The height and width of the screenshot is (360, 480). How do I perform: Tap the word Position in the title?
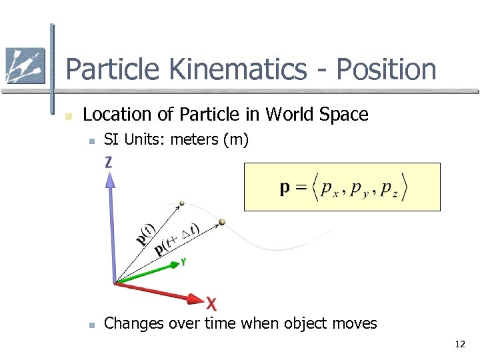point(386,69)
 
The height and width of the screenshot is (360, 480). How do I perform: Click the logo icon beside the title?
point(25,66)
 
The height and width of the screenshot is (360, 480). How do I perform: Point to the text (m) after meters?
point(237,139)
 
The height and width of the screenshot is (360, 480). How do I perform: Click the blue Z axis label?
point(109,162)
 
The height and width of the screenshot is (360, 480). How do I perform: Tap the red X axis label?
point(211,305)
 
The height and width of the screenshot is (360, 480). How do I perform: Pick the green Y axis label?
point(183,263)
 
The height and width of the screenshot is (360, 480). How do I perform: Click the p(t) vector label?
point(146,233)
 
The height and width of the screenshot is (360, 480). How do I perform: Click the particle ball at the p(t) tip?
point(182,203)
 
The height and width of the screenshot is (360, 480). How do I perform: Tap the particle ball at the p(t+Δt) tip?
point(223,222)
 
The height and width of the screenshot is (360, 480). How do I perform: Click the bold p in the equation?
point(285,187)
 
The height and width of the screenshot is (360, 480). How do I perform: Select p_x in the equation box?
point(327,189)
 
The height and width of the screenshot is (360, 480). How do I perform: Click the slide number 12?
point(459,345)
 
